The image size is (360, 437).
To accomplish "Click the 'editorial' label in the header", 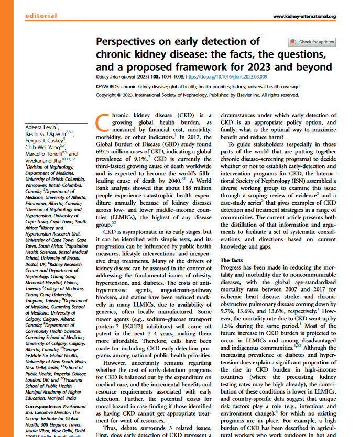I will tap(41, 16).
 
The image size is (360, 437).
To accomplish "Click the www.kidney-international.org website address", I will tap(304, 16).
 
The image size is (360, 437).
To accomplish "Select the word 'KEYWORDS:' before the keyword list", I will tap(109, 86).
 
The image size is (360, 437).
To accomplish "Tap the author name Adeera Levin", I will tap(41, 128).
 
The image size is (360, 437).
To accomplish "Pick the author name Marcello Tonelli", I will tap(44, 154).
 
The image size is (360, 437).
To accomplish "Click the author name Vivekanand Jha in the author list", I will tap(43, 160).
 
